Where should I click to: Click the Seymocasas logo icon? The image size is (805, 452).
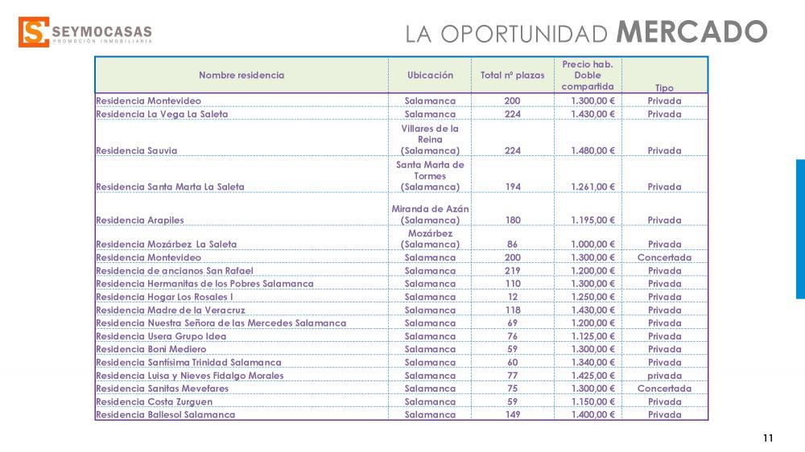pos(32,32)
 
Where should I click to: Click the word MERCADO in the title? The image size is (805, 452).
pos(691,32)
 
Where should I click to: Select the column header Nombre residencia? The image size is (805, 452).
pos(242,76)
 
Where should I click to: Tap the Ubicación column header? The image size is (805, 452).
pos(430,76)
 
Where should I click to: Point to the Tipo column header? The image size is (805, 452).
pos(664,88)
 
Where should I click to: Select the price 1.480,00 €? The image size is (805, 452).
pos(592,150)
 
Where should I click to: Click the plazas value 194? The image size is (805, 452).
pos(512,187)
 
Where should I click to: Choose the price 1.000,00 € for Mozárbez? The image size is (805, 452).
pos(592,244)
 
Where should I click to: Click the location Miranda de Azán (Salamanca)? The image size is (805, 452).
pos(430,214)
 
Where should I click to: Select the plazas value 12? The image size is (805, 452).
pos(512,297)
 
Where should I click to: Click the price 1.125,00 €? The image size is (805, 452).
pos(592,336)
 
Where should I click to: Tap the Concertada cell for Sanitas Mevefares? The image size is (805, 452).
pos(664,388)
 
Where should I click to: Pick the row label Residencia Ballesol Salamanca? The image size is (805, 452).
pos(165,415)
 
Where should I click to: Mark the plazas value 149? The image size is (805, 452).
pos(512,415)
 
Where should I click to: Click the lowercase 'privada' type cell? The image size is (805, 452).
pos(664,376)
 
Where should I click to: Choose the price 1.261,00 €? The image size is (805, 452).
pos(592,187)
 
